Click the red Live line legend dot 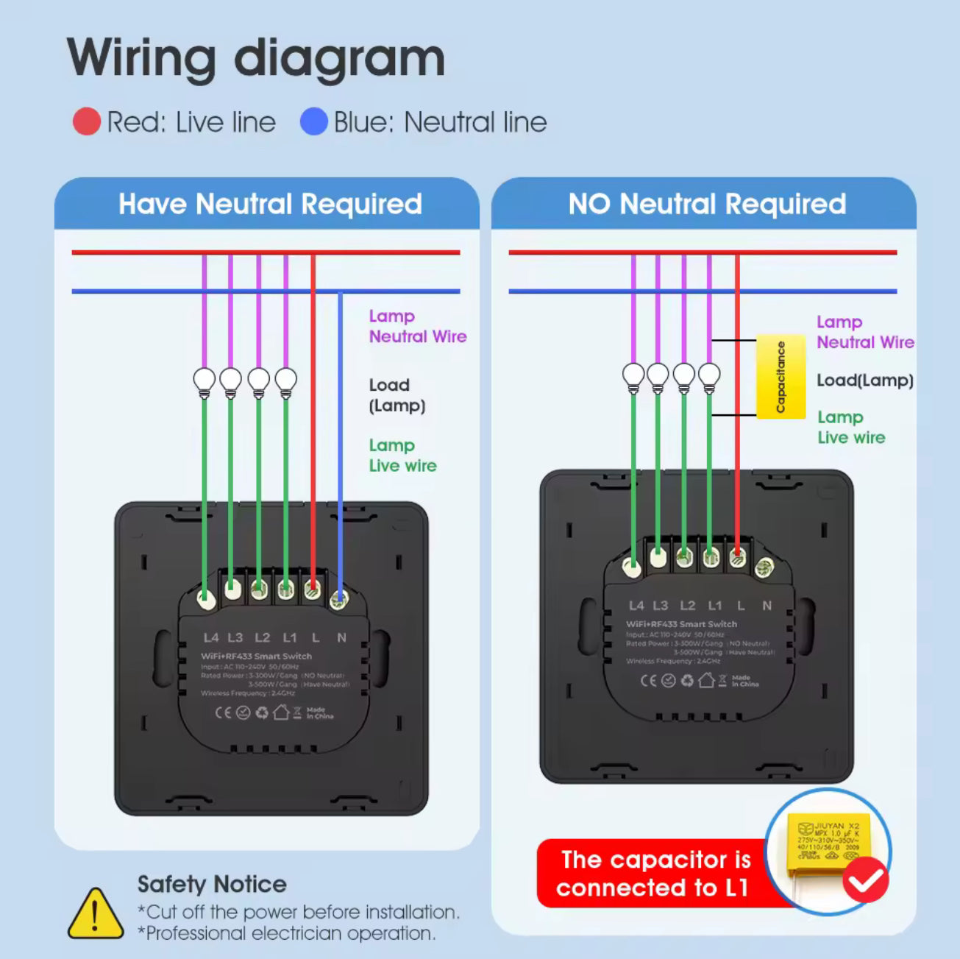click(87, 121)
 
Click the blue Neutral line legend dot click(313, 121)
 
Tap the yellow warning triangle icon click(95, 914)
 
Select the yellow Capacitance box click(781, 378)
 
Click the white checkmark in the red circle click(865, 880)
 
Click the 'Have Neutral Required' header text click(270, 204)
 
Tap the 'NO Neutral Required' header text click(706, 204)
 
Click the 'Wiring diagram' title click(256, 58)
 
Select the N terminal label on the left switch click(341, 637)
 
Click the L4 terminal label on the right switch click(636, 605)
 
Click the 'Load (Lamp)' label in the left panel click(397, 395)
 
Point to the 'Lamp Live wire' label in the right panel click(850, 427)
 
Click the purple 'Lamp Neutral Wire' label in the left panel click(417, 326)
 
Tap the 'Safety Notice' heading click(212, 884)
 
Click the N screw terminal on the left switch click(338, 599)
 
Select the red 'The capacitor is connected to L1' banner click(653, 874)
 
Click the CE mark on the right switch click(648, 680)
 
